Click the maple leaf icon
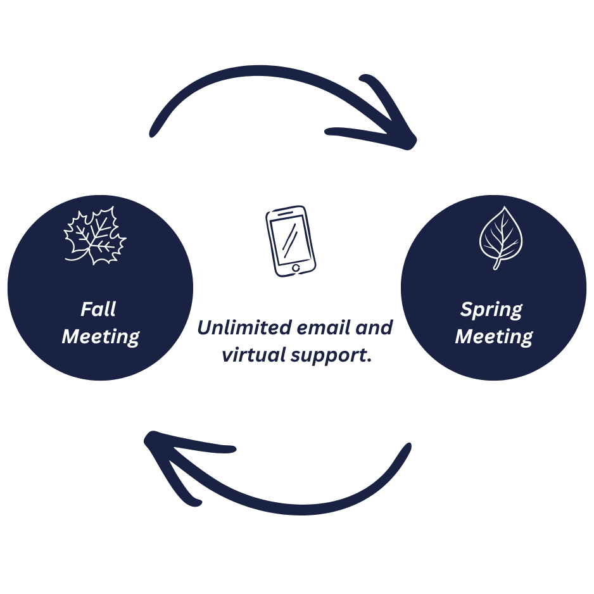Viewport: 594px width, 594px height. [x=95, y=235]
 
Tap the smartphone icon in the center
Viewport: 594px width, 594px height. [x=291, y=241]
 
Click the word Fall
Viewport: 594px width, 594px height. [x=98, y=309]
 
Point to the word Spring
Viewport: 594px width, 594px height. [x=491, y=310]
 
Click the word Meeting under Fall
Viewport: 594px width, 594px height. [x=100, y=336]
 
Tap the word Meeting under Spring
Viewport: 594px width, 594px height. [x=494, y=336]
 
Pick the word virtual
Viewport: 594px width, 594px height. [x=250, y=355]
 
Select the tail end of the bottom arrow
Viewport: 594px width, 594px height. [x=406, y=448]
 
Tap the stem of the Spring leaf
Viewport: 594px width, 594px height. [x=497, y=263]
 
